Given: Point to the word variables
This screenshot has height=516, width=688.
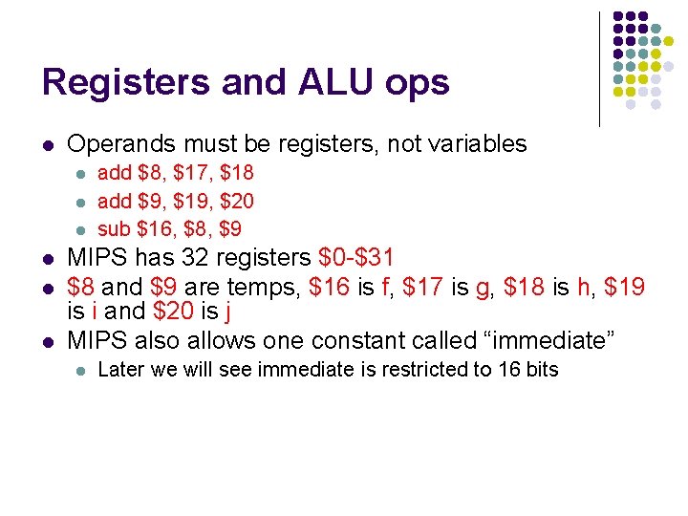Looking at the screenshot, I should tap(474, 144).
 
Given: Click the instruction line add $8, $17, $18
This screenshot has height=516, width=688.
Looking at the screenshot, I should tap(176, 173).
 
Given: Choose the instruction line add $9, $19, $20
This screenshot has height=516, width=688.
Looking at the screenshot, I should tap(176, 201).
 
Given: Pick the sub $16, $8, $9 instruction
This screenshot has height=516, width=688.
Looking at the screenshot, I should tap(170, 228).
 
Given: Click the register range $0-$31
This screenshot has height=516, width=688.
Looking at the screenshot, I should tap(355, 258).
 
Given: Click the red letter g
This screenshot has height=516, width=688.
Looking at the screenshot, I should tap(482, 287).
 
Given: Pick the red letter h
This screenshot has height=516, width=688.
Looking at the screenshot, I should tap(583, 286).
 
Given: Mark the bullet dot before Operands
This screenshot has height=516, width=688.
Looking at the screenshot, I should tap(48, 146).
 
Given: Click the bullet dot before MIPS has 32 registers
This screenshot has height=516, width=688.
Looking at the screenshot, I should tap(48, 260).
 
